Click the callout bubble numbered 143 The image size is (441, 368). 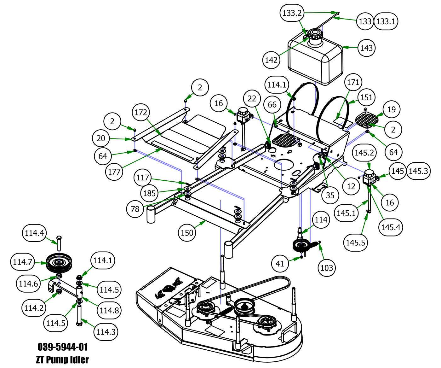366,48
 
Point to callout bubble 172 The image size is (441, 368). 141,112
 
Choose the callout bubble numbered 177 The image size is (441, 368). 114,172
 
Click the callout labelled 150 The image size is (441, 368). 187,233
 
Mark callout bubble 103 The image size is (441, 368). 326,268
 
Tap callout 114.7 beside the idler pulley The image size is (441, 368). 23,262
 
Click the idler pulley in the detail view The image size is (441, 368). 59,262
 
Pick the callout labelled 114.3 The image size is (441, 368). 106,332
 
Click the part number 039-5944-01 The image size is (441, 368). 63,347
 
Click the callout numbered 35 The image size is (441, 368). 330,195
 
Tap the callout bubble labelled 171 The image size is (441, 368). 353,82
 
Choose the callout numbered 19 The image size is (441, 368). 391,109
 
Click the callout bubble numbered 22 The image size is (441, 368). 252,99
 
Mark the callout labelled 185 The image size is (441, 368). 149,193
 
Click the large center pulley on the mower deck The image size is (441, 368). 245,305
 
